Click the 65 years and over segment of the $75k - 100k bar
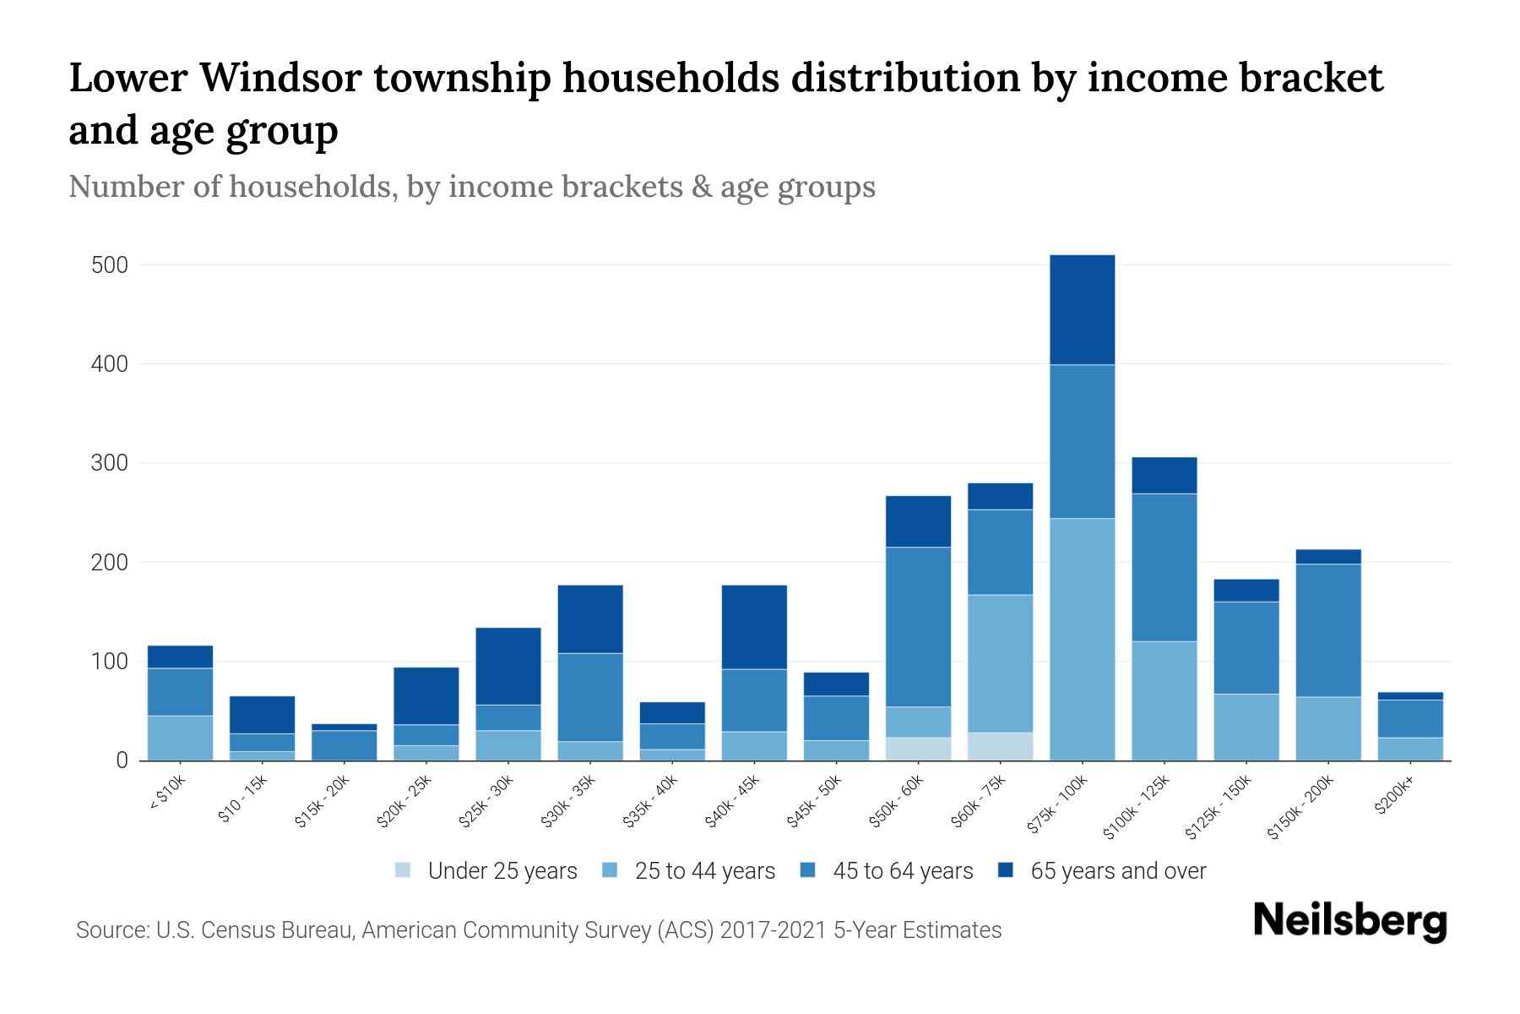point(1082,309)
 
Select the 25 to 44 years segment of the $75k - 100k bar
point(1082,639)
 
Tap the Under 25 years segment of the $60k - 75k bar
point(1000,746)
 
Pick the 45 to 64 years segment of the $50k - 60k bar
point(918,627)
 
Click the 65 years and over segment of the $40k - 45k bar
point(754,627)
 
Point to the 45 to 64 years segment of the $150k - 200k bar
point(1327,630)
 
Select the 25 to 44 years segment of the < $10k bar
point(180,738)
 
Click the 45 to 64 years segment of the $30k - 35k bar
point(590,697)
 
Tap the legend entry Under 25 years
point(502,871)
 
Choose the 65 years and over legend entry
point(1117,871)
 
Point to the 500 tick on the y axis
point(109,265)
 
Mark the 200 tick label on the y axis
point(109,563)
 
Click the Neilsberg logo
point(1349,922)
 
